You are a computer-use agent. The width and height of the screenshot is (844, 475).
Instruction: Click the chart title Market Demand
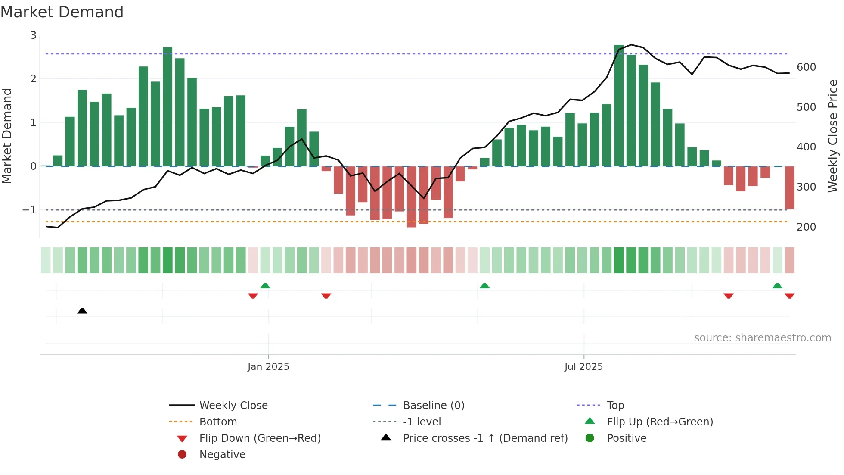62,12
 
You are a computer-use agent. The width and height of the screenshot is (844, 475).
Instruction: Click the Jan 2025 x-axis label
268,367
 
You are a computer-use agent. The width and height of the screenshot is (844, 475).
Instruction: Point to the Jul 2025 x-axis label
583,367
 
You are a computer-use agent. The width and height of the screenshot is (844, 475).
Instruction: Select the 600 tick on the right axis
806,67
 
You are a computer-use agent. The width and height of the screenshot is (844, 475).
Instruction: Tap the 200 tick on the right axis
806,227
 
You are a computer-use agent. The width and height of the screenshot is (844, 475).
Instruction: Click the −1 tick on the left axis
30,210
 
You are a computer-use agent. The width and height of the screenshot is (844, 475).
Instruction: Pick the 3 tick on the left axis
33,35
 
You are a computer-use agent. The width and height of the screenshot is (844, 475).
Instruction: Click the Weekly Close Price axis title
833,136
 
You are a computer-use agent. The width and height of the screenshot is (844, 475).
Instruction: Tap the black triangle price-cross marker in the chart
82,311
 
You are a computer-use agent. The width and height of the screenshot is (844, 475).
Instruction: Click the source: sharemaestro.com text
762,338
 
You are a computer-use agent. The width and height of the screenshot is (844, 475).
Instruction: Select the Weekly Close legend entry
233,406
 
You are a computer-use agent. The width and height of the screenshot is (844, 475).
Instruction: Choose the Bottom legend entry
218,422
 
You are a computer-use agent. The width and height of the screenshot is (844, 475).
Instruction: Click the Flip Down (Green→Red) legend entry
260,438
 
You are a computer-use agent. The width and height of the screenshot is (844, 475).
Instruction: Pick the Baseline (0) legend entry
433,406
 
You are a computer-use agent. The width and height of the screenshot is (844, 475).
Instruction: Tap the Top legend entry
615,406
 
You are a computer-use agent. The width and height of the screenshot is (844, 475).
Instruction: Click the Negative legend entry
222,455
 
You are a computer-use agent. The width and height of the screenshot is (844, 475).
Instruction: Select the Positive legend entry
627,438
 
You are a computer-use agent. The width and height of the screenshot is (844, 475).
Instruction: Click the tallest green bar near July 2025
619,106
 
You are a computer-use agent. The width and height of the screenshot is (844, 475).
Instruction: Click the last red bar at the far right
789,187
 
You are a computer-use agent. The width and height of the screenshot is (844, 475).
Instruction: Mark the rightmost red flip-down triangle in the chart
789,296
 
